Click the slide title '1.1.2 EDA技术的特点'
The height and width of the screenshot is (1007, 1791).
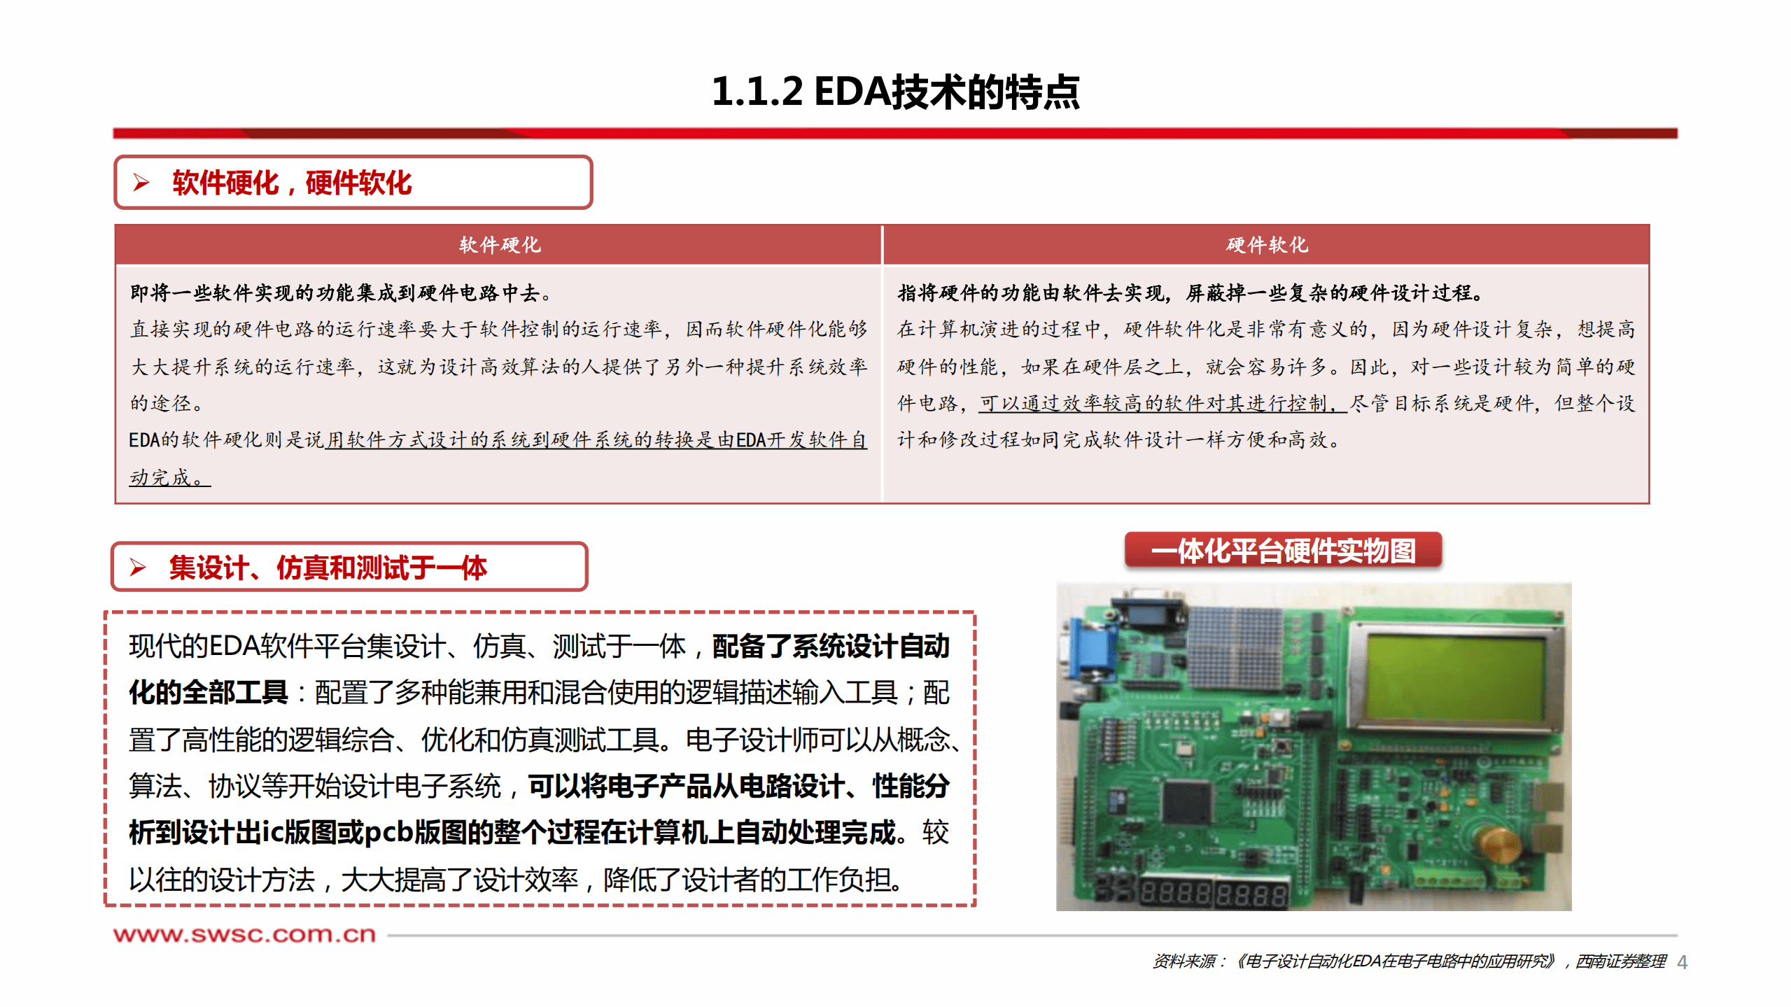point(895,92)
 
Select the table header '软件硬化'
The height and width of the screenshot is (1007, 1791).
point(499,245)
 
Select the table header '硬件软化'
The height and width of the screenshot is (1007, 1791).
point(1266,245)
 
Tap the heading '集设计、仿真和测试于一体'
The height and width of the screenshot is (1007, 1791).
point(327,567)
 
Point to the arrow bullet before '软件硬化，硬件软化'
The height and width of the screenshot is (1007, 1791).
point(141,183)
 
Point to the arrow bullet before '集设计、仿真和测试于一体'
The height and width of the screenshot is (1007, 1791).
point(138,567)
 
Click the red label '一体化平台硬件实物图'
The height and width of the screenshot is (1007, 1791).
point(1283,551)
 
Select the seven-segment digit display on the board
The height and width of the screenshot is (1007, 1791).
point(1214,894)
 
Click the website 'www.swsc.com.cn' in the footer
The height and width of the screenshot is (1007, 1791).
point(244,934)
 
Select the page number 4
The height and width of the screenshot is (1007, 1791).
point(1682,963)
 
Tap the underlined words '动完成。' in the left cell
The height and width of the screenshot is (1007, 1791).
point(168,477)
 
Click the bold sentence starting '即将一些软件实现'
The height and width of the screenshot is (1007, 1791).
point(340,293)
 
